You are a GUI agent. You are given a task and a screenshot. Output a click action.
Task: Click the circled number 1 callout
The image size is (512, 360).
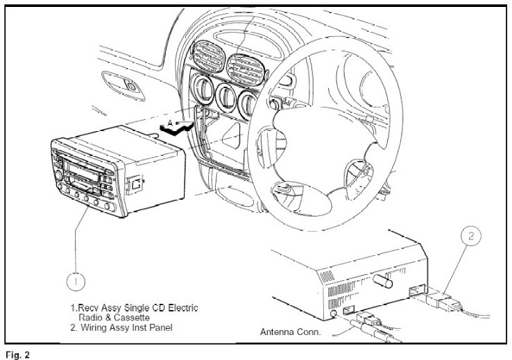76,282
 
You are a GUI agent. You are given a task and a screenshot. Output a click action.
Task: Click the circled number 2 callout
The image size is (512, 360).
471,236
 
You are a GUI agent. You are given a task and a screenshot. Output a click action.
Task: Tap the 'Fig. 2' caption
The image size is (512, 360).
18,354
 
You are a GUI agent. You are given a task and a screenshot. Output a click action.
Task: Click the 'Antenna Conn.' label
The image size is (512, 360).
290,332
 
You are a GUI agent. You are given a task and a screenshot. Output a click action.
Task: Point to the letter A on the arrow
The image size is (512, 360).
170,123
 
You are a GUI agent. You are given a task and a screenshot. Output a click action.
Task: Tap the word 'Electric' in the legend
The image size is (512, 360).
183,308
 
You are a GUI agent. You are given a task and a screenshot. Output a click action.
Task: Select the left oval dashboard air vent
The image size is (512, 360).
207,55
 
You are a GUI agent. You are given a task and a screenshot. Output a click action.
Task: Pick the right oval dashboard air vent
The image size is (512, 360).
246,69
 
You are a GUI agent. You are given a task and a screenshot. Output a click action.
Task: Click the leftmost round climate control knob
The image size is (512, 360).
203,89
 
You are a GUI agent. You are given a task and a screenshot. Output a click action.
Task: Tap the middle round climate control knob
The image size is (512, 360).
226,97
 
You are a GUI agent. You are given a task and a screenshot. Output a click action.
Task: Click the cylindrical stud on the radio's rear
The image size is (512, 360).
383,281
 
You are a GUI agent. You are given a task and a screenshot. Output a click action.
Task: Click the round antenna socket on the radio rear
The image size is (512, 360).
334,314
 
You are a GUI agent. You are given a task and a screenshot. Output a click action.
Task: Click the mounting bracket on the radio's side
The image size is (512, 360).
135,185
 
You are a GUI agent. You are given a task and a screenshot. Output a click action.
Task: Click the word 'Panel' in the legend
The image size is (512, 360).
161,327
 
